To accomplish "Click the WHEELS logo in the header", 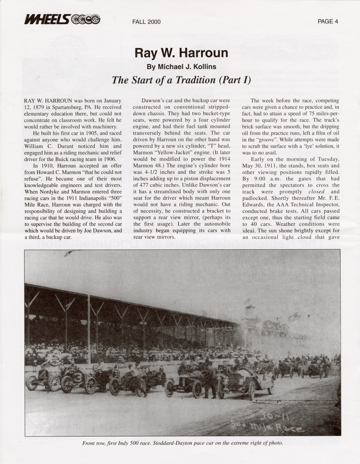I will coord(62,19).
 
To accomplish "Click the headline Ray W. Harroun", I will coord(181,53).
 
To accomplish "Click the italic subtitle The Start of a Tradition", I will coord(181,80).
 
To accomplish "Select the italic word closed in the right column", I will coord(316,192).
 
